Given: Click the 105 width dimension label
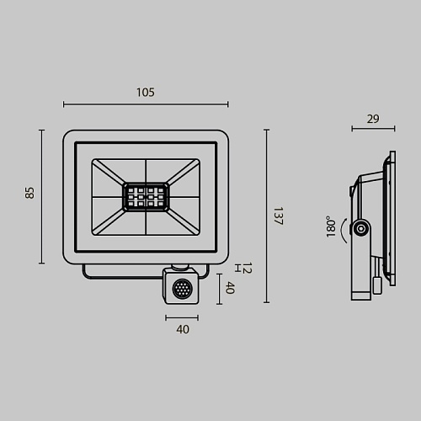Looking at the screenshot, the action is point(146,93).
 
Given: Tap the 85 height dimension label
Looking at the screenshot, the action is point(29,193).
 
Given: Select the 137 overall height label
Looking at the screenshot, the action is point(278,216).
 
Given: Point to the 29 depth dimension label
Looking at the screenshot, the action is point(373,119).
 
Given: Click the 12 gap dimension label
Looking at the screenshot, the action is point(247,268).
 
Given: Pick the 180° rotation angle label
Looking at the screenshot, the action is point(331,226).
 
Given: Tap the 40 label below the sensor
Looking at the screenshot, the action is point(183,329).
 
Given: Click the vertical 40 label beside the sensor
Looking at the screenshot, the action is point(230,288).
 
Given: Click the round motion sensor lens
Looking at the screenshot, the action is point(182,289).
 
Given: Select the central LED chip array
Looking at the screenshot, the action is point(146,197).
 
